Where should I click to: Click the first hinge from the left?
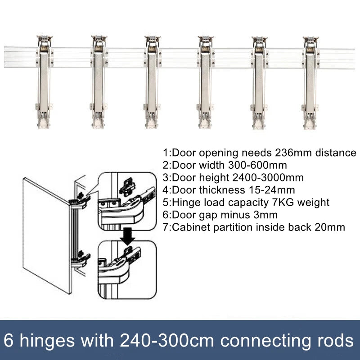click(x=43, y=81)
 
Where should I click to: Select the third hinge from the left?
click(x=151, y=81)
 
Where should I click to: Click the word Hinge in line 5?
click(x=185, y=202)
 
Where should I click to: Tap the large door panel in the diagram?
click(x=45, y=234)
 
